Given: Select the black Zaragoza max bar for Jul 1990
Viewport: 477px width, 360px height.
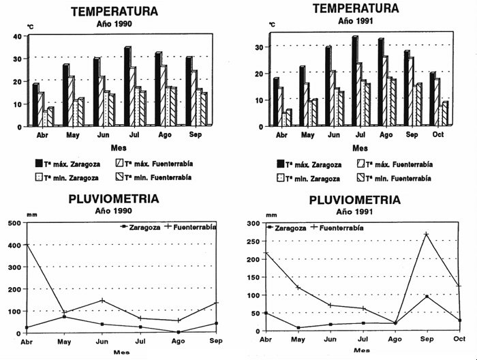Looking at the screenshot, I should (x=127, y=87).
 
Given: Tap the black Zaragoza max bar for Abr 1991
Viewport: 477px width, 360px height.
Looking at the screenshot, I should (x=276, y=102).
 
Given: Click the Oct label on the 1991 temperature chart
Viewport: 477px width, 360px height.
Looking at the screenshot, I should (x=438, y=135).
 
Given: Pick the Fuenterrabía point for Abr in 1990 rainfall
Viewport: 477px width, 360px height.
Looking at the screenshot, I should (x=27, y=245).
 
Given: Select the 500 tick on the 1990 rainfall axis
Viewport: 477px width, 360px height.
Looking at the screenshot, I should (x=14, y=222).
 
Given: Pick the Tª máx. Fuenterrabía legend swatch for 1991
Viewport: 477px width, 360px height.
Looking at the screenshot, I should (x=362, y=164).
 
